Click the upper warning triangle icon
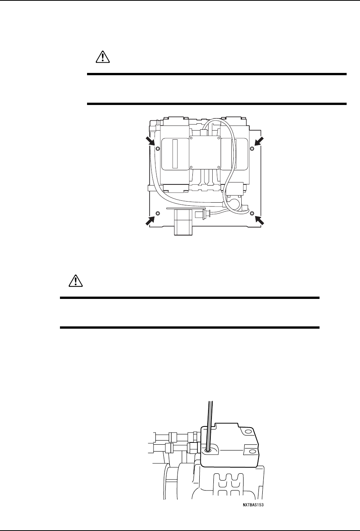(x=103, y=57)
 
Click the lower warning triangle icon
(x=76, y=281)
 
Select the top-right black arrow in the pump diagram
(x=259, y=142)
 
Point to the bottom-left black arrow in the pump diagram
(x=150, y=220)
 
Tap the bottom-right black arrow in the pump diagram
(x=260, y=220)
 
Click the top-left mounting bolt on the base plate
(x=158, y=148)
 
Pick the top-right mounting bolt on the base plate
(x=252, y=148)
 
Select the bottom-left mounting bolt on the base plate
(x=158, y=213)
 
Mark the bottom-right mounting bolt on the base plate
(x=252, y=213)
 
